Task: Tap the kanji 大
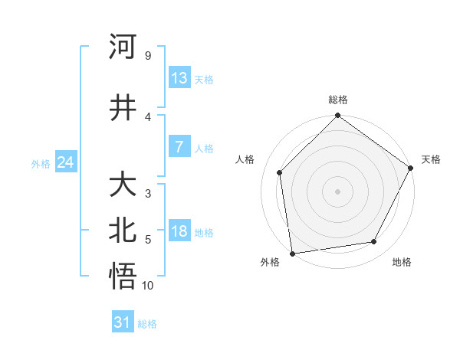click(x=124, y=185)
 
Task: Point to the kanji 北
click(x=124, y=231)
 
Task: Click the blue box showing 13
click(x=179, y=78)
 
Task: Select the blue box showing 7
click(x=179, y=147)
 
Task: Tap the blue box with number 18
click(x=179, y=231)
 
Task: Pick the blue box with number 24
click(x=65, y=162)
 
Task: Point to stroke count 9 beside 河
click(x=148, y=56)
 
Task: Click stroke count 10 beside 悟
click(x=148, y=286)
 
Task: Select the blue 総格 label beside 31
click(x=147, y=324)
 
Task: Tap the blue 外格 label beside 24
click(x=41, y=163)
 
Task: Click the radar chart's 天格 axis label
click(x=431, y=159)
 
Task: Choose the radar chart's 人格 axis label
click(x=245, y=159)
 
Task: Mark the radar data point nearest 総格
click(x=337, y=116)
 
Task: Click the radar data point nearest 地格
click(x=374, y=241)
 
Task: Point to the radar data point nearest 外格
click(x=292, y=253)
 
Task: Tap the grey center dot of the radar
click(x=337, y=191)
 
